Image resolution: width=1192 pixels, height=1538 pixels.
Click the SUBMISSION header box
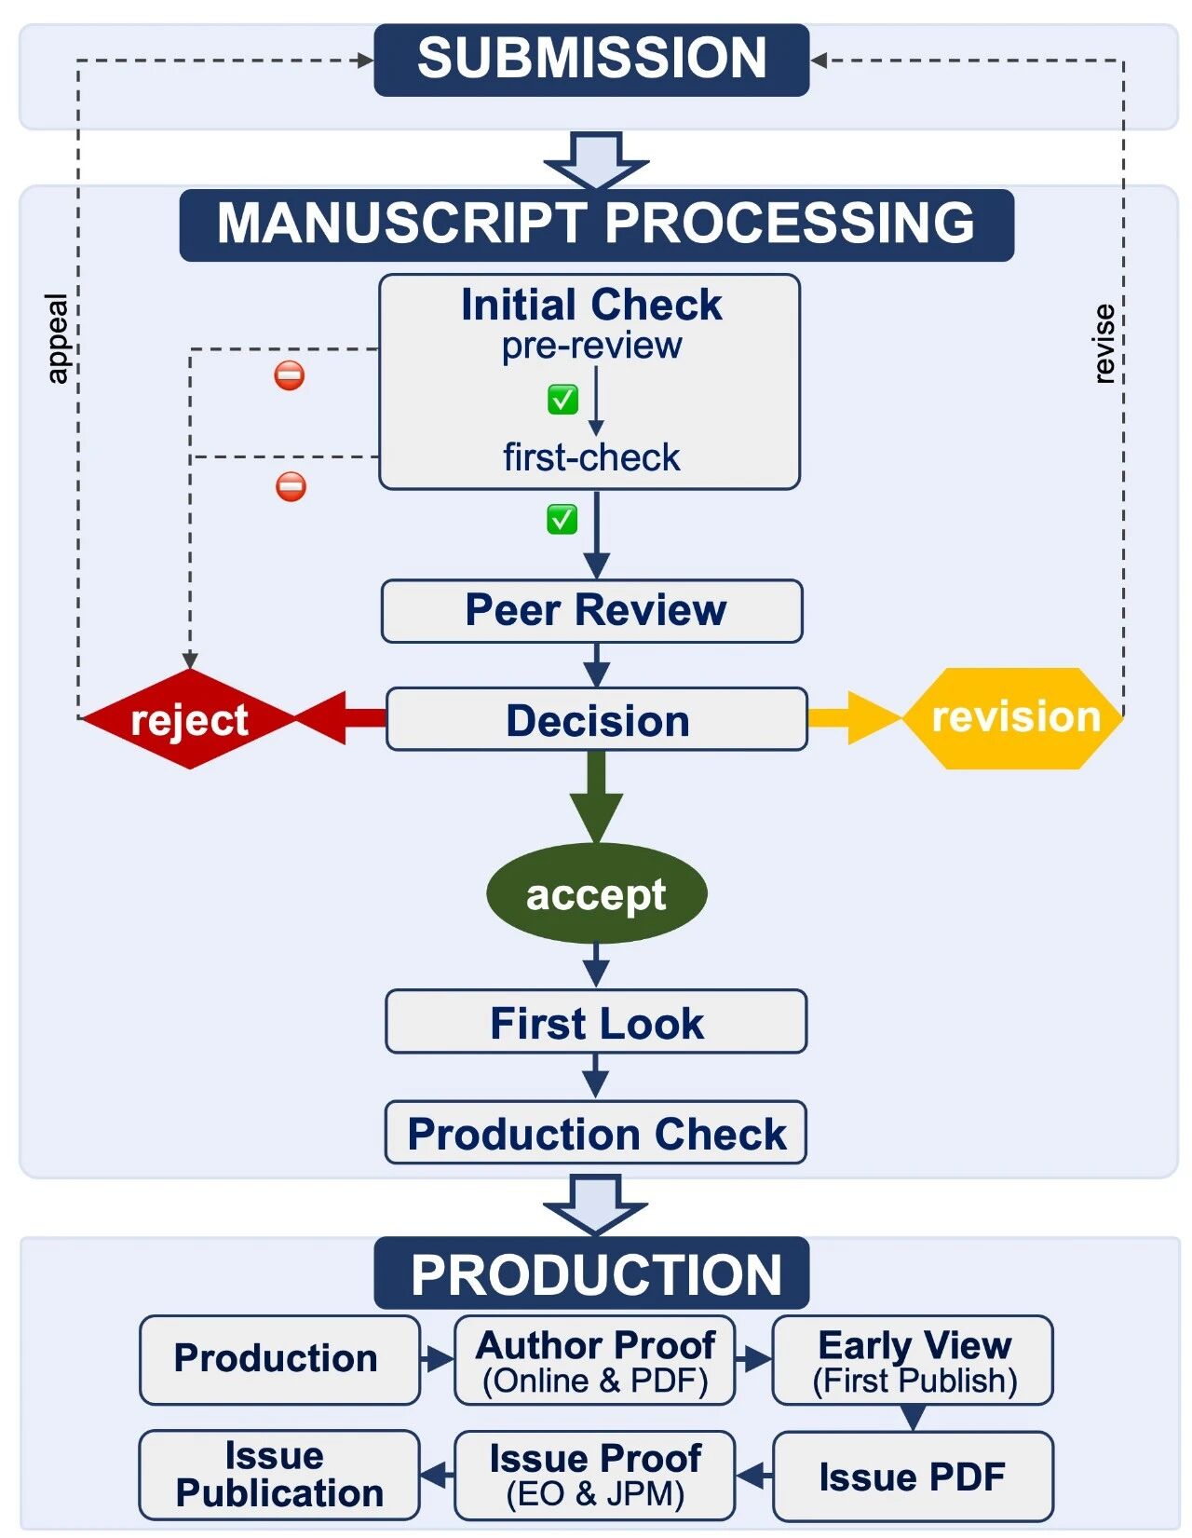591,60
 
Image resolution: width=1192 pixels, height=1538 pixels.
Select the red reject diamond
189,719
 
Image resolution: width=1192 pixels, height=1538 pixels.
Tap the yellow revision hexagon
1014,718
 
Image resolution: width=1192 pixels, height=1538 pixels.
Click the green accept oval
596,894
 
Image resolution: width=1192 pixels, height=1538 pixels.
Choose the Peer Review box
592,611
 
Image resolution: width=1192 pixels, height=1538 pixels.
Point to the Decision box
596,720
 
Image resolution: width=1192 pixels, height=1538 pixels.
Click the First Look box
596,1022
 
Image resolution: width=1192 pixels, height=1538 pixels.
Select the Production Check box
596,1133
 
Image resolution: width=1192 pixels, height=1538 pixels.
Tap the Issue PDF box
913,1477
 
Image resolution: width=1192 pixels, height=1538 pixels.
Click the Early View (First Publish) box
913,1360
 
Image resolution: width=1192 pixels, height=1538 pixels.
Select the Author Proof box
594,1360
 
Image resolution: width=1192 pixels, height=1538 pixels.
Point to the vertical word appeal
57,339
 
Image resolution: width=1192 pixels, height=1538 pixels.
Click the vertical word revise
1104,344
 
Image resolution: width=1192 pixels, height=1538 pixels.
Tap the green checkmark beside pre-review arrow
562,400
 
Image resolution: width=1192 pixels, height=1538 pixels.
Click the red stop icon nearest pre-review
290,376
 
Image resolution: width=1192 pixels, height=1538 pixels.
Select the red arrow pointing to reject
341,718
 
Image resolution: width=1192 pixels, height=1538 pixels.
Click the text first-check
591,458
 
